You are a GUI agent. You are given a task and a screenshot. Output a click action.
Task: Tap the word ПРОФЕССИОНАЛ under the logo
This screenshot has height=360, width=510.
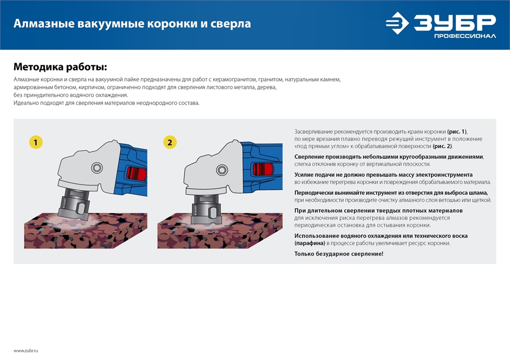[465, 36]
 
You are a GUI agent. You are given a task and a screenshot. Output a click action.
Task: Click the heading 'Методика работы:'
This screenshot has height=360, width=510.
[60, 67]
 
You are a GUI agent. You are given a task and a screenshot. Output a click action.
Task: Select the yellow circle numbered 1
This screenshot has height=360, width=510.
[35, 142]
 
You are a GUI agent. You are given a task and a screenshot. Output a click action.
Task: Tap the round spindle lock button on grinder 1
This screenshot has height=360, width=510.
[96, 168]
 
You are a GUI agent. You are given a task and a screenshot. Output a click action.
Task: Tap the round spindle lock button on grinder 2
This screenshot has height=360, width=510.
[221, 169]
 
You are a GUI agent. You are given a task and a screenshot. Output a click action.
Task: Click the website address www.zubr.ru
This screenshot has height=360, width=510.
[26, 350]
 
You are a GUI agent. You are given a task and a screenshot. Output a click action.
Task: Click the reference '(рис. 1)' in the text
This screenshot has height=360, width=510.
[456, 131]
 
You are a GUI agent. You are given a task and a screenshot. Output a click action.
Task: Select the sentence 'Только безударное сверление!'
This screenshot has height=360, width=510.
[339, 253]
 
